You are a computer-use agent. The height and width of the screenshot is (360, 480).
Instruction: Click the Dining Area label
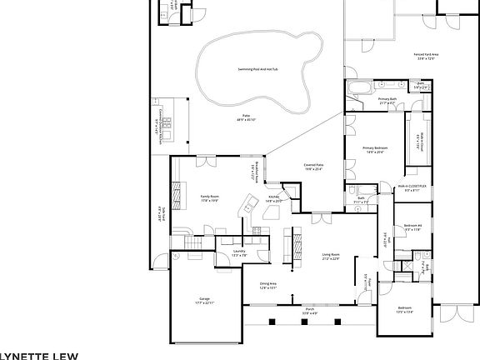267,284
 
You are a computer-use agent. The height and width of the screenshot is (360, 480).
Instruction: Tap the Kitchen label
273,197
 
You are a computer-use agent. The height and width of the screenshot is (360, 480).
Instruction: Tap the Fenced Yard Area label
427,55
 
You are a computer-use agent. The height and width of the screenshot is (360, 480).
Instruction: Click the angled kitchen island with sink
247,205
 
